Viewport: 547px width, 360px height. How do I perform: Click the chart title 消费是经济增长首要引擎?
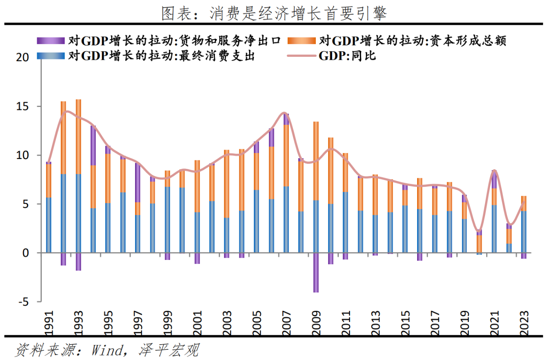click(x=273, y=14)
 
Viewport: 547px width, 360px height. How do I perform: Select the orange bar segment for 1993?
click(x=79, y=137)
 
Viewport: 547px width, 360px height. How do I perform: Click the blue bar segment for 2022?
click(x=509, y=248)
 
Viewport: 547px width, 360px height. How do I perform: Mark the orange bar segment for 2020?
click(x=479, y=244)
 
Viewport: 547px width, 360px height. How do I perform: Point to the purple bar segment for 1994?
click(x=93, y=146)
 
